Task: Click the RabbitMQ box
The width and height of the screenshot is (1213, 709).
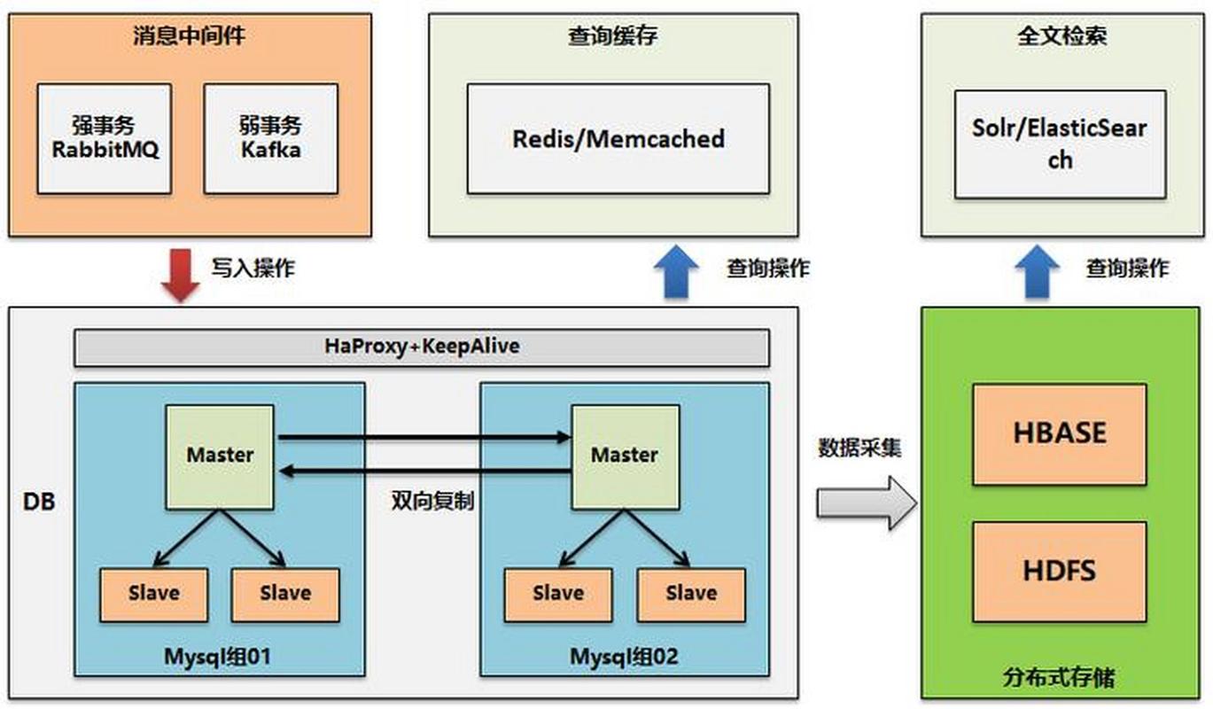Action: point(104,138)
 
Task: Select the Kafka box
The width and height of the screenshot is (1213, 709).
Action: point(270,138)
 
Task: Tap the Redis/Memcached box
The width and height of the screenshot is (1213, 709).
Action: point(618,138)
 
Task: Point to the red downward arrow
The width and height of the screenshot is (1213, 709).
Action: point(181,274)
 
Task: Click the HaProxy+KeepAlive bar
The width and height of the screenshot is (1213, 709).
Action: point(421,347)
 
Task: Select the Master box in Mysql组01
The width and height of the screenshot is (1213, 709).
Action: point(220,456)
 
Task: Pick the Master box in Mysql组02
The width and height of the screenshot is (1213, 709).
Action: point(624,456)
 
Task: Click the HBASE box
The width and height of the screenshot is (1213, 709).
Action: point(1059,433)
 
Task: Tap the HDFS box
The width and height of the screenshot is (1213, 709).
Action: point(1059,570)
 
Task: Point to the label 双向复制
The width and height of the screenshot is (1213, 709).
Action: point(432,501)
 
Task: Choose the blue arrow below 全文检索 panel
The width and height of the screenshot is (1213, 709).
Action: point(1037,271)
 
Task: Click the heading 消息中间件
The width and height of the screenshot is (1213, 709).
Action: point(190,36)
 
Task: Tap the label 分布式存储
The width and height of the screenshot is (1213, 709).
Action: point(1059,679)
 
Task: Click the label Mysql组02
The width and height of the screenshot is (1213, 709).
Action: point(624,657)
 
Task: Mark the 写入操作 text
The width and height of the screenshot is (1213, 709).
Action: point(253,269)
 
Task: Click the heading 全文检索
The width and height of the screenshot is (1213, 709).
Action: point(1061,36)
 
